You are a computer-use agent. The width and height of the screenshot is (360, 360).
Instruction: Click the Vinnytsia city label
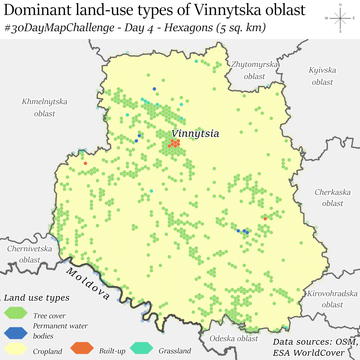195,134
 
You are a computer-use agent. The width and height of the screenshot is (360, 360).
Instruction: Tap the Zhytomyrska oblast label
255,70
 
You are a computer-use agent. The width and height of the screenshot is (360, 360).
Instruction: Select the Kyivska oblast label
322,76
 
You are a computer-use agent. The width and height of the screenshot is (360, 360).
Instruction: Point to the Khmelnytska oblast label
45,108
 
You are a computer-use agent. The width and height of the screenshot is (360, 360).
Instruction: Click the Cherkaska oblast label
333,198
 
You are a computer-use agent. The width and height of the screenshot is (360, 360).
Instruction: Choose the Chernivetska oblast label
30,254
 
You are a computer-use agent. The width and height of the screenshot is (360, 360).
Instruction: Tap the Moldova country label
88,284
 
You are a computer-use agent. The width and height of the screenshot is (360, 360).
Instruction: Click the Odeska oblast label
234,339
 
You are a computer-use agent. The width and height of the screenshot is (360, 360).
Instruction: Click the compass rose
340,18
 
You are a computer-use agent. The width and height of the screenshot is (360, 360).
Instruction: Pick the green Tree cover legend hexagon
15,313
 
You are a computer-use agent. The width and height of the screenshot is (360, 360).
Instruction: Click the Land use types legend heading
37,298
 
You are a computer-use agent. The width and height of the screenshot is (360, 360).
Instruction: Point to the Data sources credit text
315,347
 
